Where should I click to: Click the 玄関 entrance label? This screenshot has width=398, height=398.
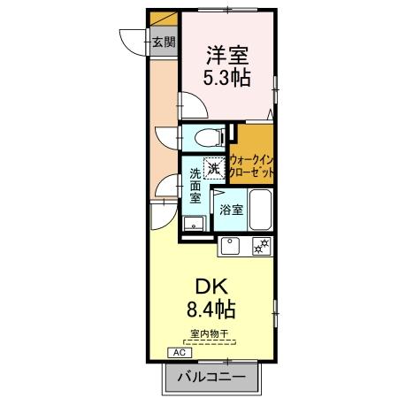163,42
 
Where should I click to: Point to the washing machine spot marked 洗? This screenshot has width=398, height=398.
212,165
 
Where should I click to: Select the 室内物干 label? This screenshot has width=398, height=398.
210,333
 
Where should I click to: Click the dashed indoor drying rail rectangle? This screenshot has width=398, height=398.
210,341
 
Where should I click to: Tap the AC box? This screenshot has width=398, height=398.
179,352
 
